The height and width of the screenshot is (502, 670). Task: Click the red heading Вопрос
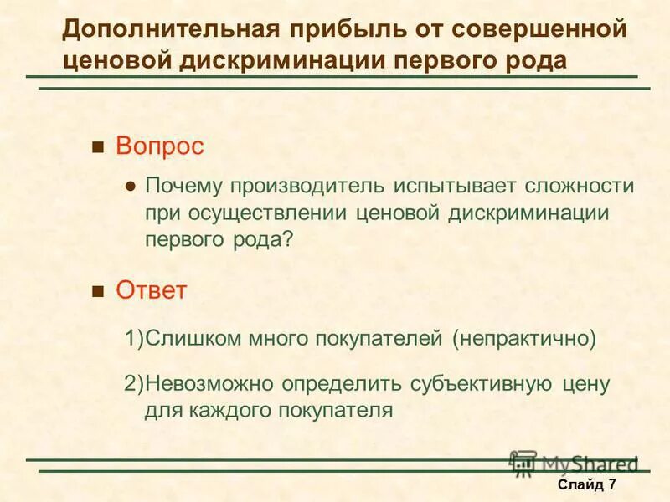click(159, 146)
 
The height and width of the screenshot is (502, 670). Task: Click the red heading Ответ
click(151, 290)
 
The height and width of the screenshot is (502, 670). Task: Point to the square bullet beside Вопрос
click(97, 148)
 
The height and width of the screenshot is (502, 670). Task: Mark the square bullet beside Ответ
click(97, 292)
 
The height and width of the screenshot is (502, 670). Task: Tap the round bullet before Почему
click(130, 187)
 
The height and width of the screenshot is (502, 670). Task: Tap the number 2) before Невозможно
click(135, 384)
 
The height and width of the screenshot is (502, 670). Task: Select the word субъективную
click(481, 384)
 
